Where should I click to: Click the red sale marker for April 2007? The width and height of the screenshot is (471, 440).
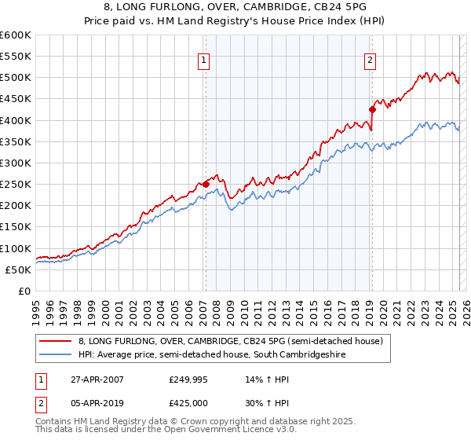click(206, 184)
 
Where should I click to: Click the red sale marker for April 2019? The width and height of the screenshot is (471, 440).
click(371, 109)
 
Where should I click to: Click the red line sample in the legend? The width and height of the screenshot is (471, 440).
click(56, 341)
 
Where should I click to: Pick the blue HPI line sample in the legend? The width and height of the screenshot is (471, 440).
click(56, 355)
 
